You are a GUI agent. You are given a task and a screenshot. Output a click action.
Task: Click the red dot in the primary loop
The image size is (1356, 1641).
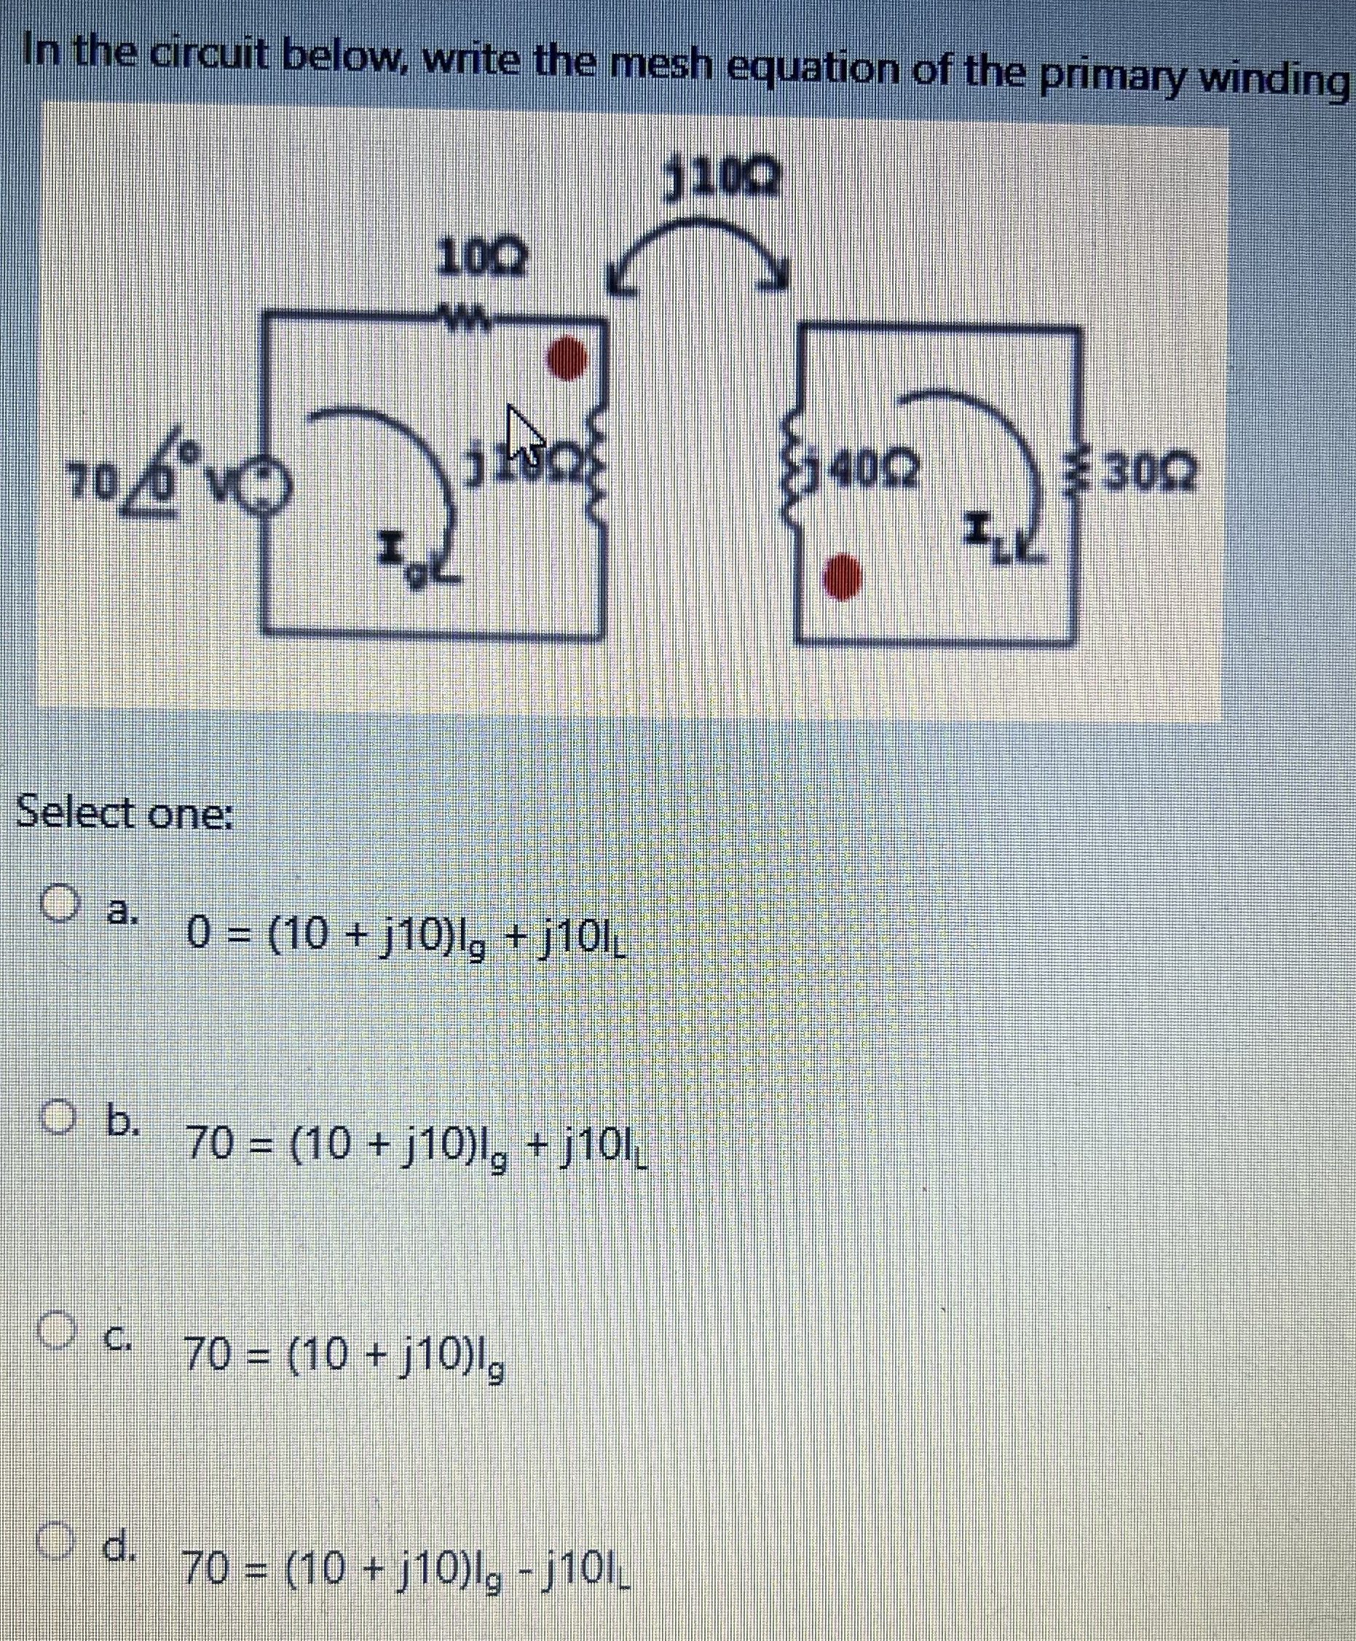pyautogui.click(x=569, y=359)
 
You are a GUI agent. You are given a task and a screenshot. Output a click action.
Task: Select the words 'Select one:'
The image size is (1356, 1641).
pyautogui.click(x=125, y=813)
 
